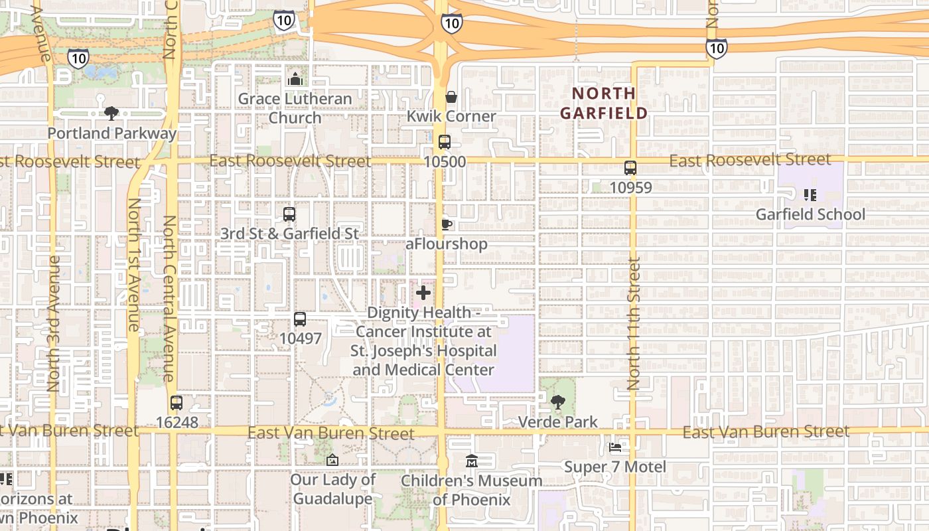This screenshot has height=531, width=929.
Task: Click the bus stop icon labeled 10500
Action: [x=444, y=142]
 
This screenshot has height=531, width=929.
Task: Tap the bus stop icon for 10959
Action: [x=630, y=168]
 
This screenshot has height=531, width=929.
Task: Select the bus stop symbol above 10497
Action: [x=300, y=319]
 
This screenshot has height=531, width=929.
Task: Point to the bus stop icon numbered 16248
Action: [x=176, y=402]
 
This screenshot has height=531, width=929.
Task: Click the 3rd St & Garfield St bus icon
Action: [x=289, y=214]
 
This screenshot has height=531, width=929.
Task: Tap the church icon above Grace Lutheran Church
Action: [x=295, y=79]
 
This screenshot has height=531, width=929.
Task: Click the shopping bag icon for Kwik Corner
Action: [x=451, y=97]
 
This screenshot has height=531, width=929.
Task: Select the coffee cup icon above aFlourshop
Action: [x=447, y=224]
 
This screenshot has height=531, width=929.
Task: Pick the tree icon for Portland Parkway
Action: [x=111, y=114]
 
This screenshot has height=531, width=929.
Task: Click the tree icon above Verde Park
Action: [x=558, y=402]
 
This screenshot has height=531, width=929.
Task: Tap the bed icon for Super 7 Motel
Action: [x=615, y=447]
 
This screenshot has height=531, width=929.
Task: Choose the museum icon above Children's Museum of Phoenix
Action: [x=471, y=460]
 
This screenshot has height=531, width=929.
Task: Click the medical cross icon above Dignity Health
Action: [x=423, y=293]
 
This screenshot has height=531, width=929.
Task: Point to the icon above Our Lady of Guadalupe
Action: [x=332, y=460]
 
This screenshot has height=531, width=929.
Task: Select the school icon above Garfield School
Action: [x=810, y=194]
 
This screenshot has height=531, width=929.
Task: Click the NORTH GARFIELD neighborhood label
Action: [x=603, y=103]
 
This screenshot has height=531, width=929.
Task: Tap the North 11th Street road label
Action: [x=634, y=323]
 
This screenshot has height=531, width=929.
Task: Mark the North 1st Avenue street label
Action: [x=133, y=265]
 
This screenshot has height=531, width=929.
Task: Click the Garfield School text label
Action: [x=810, y=214]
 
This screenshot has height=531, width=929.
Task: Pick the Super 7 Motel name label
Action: [x=614, y=467]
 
